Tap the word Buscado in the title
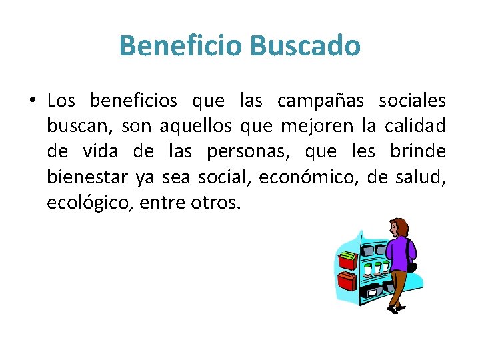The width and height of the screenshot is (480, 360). [305, 46]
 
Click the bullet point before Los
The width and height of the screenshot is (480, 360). [32, 101]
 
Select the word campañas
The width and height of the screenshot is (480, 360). [321, 101]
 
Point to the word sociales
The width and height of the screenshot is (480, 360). [412, 101]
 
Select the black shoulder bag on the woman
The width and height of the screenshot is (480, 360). [411, 266]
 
